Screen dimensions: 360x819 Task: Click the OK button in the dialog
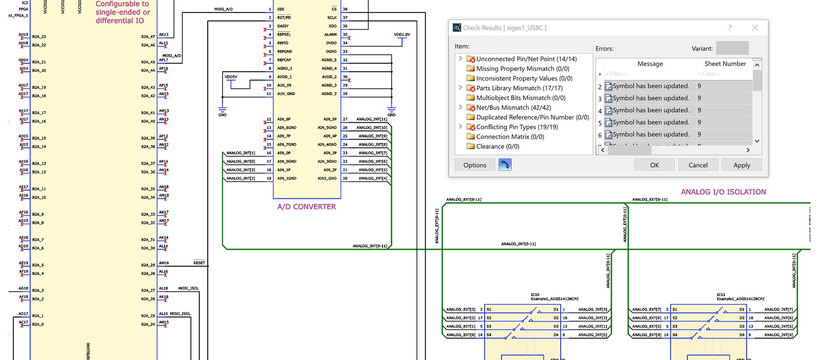tap(654, 165)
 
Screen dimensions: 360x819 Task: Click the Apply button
tap(741, 165)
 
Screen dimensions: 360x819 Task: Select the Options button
tap(475, 165)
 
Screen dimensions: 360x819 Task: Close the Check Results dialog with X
tap(755, 28)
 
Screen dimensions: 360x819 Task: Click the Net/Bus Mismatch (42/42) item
tap(513, 107)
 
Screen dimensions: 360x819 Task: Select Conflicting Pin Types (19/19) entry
tap(517, 127)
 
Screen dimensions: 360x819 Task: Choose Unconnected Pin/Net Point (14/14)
tap(526, 59)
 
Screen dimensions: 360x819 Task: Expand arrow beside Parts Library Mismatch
tap(460, 88)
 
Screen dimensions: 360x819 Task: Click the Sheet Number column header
tap(725, 64)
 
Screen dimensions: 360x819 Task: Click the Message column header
tap(650, 64)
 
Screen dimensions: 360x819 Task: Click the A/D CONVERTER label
tap(306, 207)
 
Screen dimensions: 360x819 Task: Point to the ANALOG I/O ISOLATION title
tap(723, 192)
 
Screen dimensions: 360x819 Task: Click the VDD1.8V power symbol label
tap(402, 35)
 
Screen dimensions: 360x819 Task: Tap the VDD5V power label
tap(231, 77)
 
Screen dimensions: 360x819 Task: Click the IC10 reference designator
tap(535, 294)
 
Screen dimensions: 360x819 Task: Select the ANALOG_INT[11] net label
tap(372, 119)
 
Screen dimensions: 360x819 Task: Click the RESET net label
tap(199, 263)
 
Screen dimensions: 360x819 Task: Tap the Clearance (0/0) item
tap(497, 146)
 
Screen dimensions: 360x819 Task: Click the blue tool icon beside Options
tap(505, 165)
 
